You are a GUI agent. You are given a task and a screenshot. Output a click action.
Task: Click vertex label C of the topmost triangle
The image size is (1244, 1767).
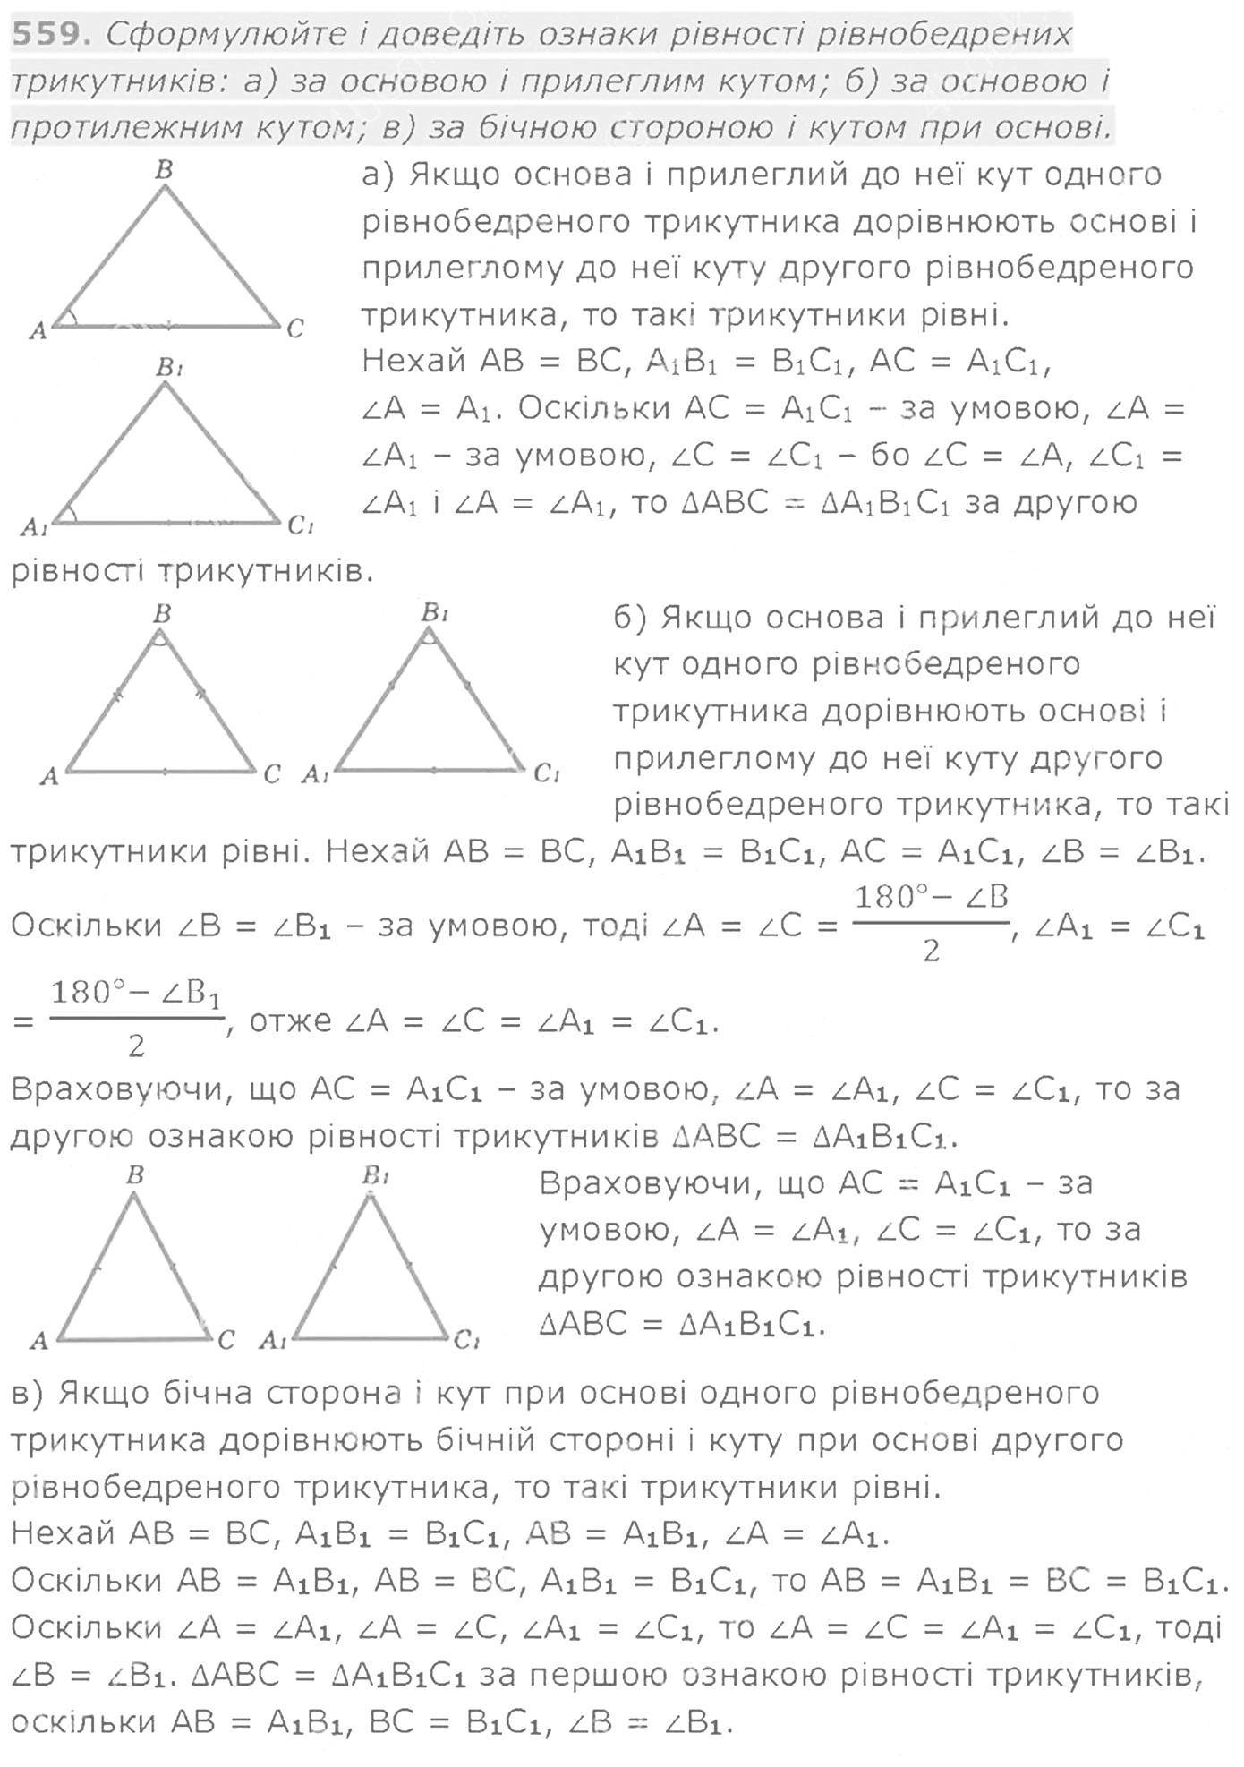(x=295, y=329)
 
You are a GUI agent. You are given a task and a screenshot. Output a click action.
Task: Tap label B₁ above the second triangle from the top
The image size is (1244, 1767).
(x=169, y=367)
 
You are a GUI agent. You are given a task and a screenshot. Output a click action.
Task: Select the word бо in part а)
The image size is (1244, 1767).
(x=889, y=456)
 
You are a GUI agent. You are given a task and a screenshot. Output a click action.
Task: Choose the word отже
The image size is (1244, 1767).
(x=291, y=1021)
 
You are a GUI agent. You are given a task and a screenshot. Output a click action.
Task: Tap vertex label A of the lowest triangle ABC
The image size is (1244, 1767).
(x=38, y=1340)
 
